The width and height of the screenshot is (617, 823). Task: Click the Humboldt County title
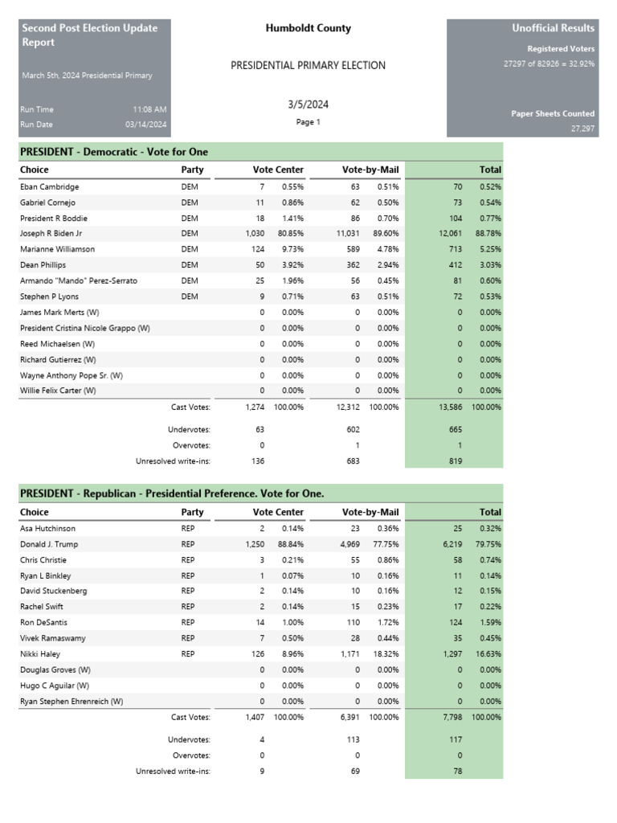click(308, 28)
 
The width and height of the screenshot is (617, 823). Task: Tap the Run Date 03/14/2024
click(146, 125)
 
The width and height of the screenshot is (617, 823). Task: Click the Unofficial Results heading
click(553, 28)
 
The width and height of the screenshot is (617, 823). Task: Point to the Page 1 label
click(308, 122)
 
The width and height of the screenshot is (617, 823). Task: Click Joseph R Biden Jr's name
click(51, 234)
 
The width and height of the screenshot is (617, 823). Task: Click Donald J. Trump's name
click(51, 544)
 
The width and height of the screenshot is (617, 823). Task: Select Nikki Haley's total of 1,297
click(452, 654)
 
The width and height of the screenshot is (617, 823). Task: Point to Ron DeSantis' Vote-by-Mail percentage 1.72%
click(387, 623)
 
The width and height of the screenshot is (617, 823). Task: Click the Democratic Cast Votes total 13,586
click(450, 407)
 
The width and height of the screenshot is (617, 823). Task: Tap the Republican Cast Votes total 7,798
click(452, 717)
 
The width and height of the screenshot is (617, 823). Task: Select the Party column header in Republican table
click(192, 512)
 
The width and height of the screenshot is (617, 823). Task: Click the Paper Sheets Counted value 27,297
click(582, 129)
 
